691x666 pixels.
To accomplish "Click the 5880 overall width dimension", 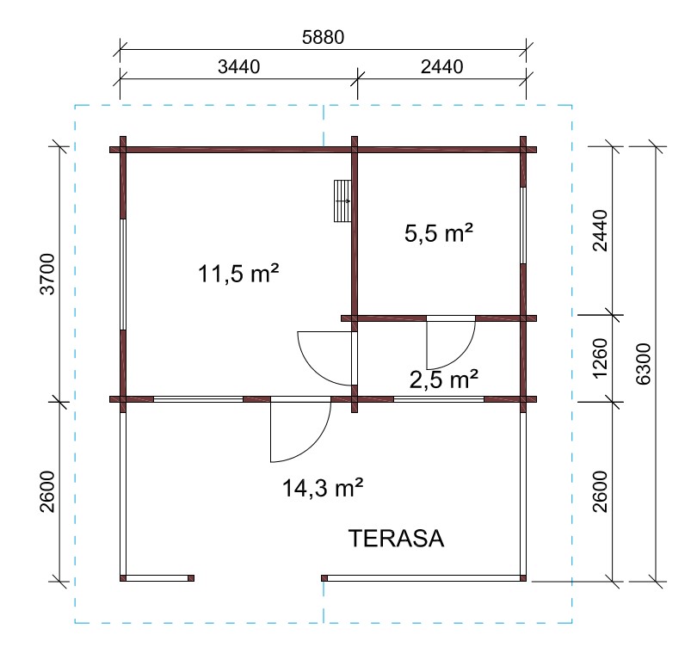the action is (323, 38).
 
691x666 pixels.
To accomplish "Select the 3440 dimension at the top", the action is (239, 67).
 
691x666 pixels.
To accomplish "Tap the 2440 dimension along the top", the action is (441, 67).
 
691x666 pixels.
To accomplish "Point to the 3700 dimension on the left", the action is (47, 274).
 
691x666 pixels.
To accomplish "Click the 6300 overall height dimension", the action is (644, 364).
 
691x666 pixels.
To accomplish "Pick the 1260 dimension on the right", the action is (601, 358).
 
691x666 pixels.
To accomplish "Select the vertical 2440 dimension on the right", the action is (601, 231).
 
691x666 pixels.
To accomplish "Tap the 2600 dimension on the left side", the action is (47, 491).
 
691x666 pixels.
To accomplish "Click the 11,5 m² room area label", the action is (238, 274).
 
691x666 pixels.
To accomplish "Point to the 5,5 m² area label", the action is (439, 232).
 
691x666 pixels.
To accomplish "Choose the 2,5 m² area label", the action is (444, 379).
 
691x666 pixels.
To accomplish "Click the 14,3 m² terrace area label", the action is (323, 488).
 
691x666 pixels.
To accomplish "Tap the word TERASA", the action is (396, 538).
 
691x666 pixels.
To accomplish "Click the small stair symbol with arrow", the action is (342, 201).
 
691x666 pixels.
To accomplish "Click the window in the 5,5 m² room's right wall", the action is (523, 225).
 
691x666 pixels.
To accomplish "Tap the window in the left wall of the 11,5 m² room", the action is (123, 274).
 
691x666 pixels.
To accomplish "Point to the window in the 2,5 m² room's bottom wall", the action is (439, 399).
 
